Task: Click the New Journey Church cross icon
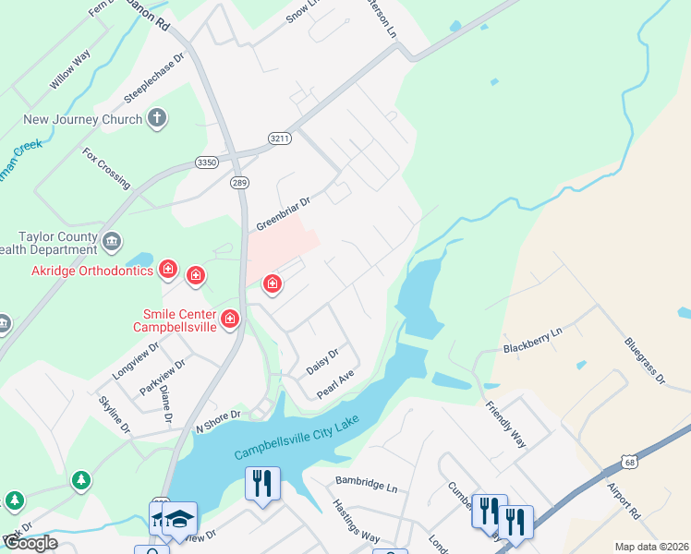click(x=158, y=118)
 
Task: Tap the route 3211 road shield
click(x=280, y=138)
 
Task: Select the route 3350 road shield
click(x=206, y=162)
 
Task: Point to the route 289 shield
click(x=239, y=182)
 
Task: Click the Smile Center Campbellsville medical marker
click(x=229, y=320)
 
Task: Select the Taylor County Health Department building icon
click(x=112, y=243)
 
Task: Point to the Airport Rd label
click(x=624, y=499)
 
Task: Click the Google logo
click(x=30, y=543)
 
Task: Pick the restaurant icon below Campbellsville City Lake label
click(x=262, y=483)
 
